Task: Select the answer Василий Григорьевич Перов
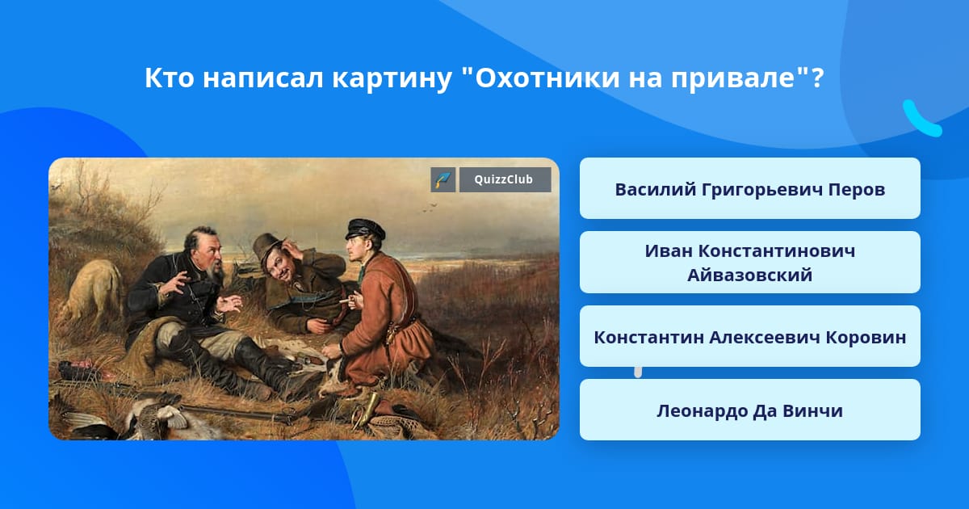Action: (749, 189)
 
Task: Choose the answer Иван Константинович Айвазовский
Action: (749, 263)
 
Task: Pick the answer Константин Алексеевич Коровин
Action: (749, 337)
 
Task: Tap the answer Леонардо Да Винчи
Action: (749, 410)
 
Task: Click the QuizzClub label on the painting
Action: (505, 179)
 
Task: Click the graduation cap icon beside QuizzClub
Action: (443, 179)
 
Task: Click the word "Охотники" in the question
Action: (547, 78)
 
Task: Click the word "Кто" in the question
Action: (169, 78)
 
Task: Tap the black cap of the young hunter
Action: (365, 228)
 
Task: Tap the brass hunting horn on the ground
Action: (366, 409)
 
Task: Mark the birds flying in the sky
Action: (430, 208)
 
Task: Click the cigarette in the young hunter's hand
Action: (345, 301)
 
